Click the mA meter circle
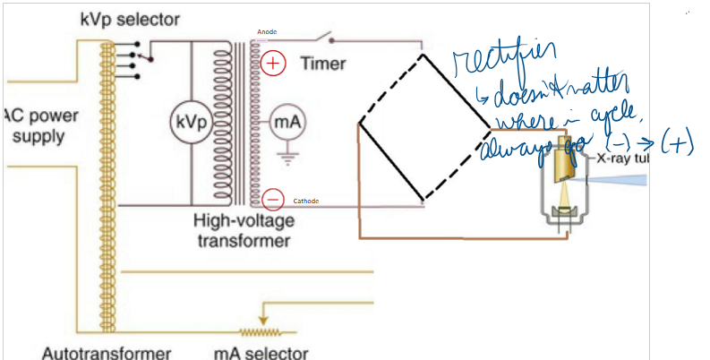pos(287,123)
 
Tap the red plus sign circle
pos(274,64)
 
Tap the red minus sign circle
pos(274,200)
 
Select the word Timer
pos(323,64)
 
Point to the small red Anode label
pos(267,32)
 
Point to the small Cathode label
pos(306,201)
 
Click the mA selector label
pos(261,351)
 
